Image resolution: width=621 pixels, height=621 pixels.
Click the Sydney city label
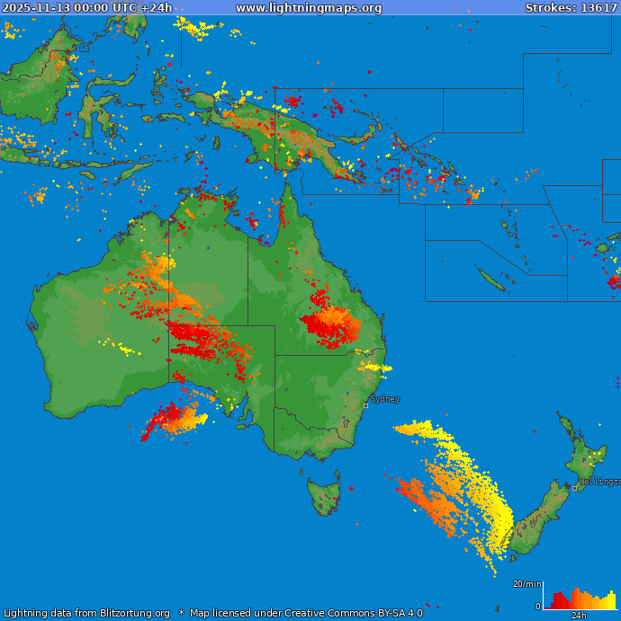pyautogui.click(x=385, y=398)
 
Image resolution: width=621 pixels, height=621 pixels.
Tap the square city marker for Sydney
pyautogui.click(x=365, y=405)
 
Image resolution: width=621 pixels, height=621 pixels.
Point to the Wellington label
pyautogui.click(x=599, y=482)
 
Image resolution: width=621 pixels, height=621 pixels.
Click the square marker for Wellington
pyautogui.click(x=575, y=488)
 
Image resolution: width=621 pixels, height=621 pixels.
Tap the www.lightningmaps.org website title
pyautogui.click(x=309, y=8)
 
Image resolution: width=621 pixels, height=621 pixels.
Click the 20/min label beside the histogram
pyautogui.click(x=526, y=584)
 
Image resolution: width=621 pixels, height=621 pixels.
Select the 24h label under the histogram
pyautogui.click(x=580, y=616)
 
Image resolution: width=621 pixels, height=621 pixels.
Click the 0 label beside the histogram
pyautogui.click(x=538, y=607)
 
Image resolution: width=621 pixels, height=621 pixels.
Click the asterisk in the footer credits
pyautogui.click(x=181, y=614)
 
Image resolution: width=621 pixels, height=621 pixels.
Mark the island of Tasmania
pyautogui.click(x=323, y=495)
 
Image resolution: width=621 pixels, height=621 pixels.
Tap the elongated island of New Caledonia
pyautogui.click(x=491, y=281)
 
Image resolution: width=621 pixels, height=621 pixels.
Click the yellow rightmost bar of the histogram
pyautogui.click(x=613, y=599)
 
